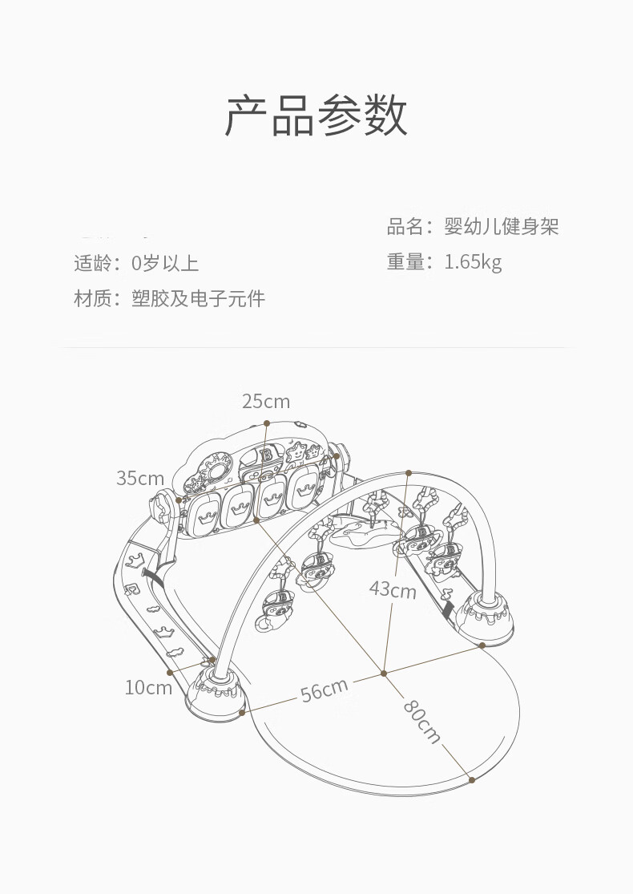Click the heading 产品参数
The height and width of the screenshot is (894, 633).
point(316,115)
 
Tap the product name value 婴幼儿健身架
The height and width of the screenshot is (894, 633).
point(502,227)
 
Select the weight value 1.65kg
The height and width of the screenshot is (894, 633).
point(473,262)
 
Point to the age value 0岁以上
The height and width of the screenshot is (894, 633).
point(164,264)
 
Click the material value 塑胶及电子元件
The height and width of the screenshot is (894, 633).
point(198,299)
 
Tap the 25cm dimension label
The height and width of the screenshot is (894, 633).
point(266,402)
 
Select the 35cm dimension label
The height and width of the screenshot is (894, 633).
point(140,478)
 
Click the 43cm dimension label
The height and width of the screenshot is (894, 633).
point(393,589)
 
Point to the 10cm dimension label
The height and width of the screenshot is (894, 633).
point(148,688)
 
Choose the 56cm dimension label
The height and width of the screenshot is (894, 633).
point(325,690)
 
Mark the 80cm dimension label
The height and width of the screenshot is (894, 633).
point(422,722)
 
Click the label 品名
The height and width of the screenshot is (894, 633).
point(405,227)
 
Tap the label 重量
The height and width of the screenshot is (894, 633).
point(405,262)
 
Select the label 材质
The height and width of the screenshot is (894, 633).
point(91,299)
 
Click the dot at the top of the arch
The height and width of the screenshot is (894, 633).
point(409,472)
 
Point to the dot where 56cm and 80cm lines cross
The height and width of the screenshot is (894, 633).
point(384,674)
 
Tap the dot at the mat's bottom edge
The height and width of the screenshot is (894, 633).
point(472,780)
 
